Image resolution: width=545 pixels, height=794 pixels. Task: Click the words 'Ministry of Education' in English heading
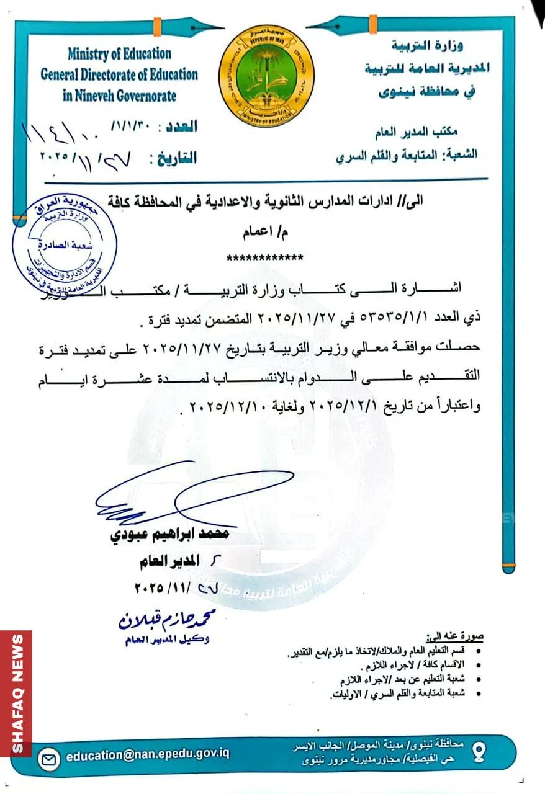click(119, 54)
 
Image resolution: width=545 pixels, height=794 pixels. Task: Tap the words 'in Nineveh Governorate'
click(119, 96)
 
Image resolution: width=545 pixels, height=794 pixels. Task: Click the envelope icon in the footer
click(49, 758)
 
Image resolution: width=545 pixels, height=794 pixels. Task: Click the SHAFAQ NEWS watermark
click(17, 693)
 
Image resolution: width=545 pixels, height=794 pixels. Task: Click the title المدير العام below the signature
click(169, 562)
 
